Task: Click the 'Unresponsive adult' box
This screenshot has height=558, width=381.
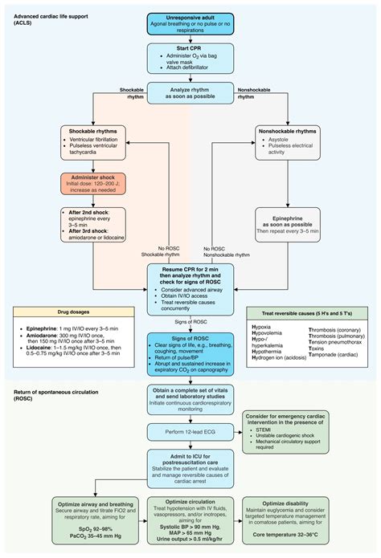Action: tap(190, 23)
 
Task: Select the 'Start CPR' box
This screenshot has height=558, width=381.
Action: tap(190, 61)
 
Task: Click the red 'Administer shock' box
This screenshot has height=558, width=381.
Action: tap(95, 182)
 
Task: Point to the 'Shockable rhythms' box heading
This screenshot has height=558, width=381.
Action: tap(94, 132)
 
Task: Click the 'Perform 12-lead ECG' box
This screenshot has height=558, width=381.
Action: tap(190, 432)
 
